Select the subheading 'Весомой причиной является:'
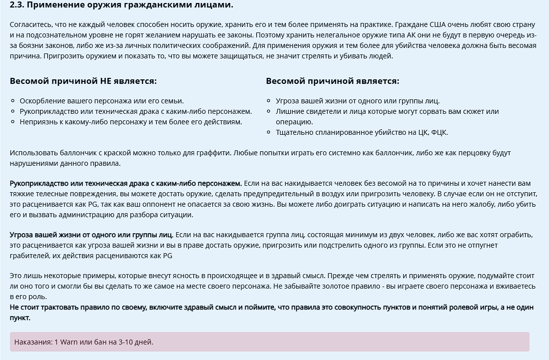point(332,81)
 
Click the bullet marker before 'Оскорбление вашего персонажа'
point(13,101)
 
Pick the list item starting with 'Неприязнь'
point(130,122)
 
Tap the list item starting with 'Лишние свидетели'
point(387,111)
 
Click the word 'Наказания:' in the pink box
point(33,342)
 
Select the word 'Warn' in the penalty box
point(69,342)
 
